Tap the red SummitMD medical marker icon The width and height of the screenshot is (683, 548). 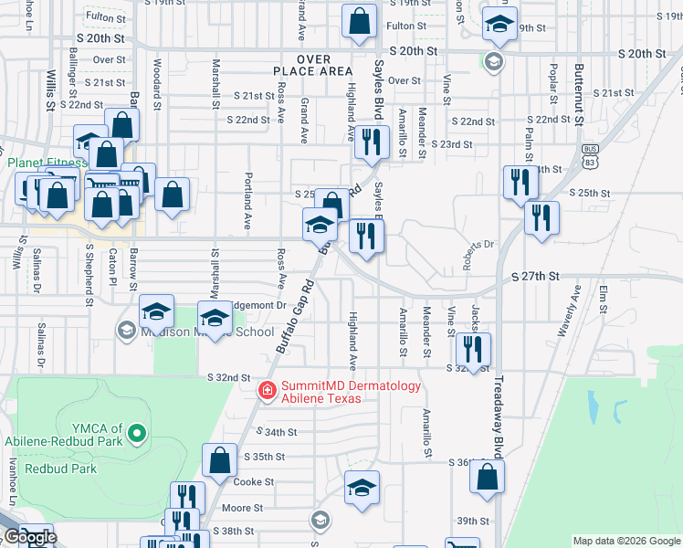pyautogui.click(x=268, y=391)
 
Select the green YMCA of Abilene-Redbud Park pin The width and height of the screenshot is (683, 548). pyautogui.click(x=137, y=431)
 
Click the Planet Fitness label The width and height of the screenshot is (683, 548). pyautogui.click(x=47, y=163)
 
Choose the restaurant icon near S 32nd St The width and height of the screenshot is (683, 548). pyautogui.click(x=472, y=348)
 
